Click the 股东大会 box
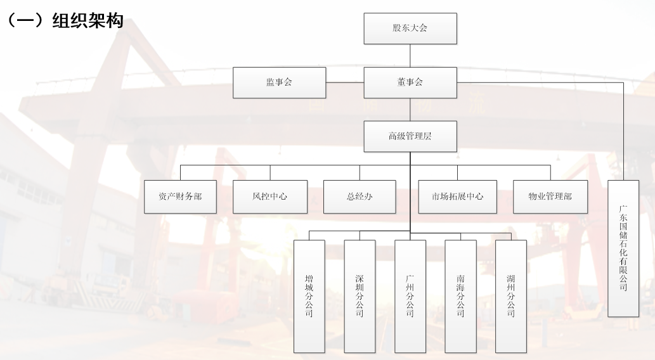coord(410,28)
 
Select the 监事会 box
coord(279,82)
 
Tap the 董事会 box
coord(410,82)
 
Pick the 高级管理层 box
coord(410,136)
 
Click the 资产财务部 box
coord(181,196)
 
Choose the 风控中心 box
coord(270,196)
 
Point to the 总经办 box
coord(360,196)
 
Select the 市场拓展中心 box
coord(457,196)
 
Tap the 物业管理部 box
coord(550,196)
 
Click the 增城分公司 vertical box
coord(309,296)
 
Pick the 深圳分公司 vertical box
coord(360,296)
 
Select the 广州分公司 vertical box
coord(410,296)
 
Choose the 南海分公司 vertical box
coord(460,296)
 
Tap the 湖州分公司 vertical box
coord(511,296)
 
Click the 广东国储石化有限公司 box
coord(623,248)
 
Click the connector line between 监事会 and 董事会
coord(345,82)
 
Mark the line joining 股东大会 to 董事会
coord(410,56)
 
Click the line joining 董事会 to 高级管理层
coord(410,109)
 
